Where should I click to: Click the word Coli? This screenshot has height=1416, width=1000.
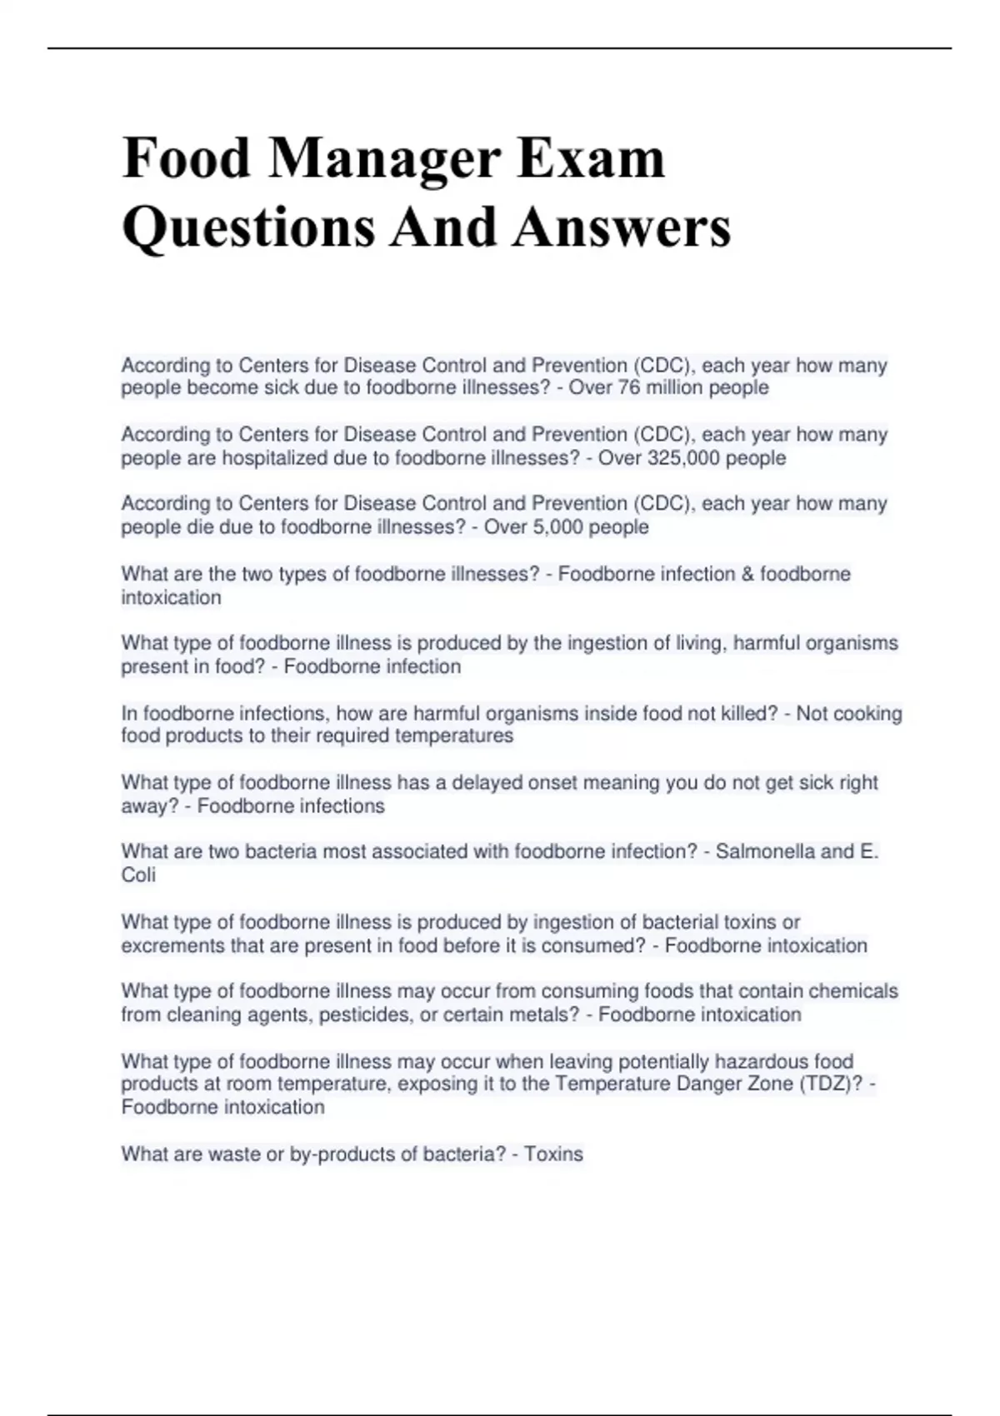[138, 875]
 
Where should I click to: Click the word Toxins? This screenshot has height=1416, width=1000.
[553, 1154]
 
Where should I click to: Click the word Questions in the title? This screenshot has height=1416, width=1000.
[248, 227]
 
